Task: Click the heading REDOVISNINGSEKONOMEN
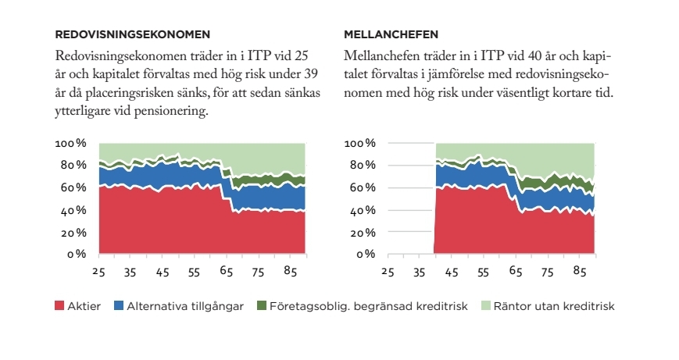coord(133,34)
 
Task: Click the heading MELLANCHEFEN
coord(391,34)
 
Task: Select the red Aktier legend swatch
coord(60,306)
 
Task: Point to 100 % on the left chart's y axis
coord(70,144)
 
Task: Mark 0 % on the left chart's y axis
coord(75,255)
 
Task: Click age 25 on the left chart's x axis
coord(98,272)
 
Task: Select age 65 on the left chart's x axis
coord(227,272)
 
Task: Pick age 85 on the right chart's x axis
coord(580,272)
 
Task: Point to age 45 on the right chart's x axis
coord(451,272)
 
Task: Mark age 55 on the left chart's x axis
coord(195,272)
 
